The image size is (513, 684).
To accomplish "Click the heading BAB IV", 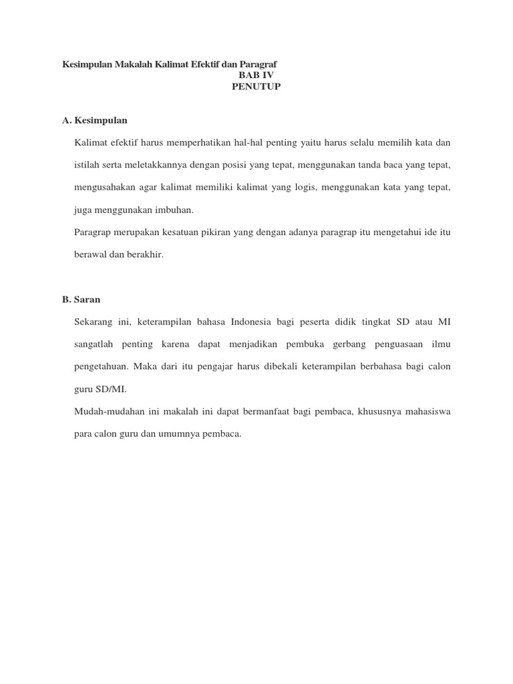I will pyautogui.click(x=256, y=75).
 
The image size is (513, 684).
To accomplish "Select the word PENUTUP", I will pyautogui.click(x=256, y=87).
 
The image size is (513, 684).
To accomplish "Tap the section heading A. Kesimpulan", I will pyautogui.click(x=94, y=120).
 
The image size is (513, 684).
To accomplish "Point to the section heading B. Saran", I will pyautogui.click(x=81, y=299).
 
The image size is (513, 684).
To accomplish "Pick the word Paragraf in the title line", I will pyautogui.click(x=258, y=64).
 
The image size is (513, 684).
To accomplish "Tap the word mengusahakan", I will pyautogui.click(x=106, y=187).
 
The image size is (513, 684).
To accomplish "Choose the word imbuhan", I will pyautogui.click(x=174, y=210).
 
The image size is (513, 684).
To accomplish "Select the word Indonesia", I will pyautogui.click(x=250, y=321).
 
